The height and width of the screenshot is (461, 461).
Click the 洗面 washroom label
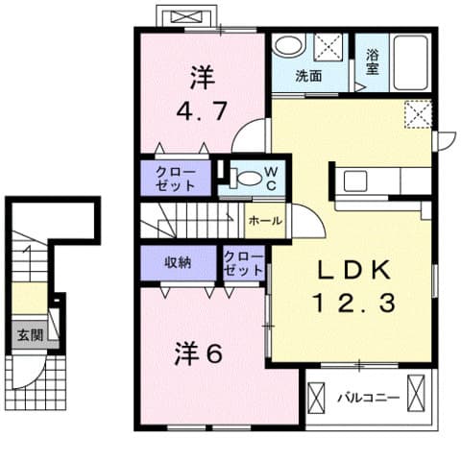click(x=307, y=76)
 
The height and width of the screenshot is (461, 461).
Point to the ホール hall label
click(x=265, y=220)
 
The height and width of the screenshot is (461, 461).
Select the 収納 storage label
click(x=177, y=262)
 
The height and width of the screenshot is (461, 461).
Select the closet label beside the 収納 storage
click(x=243, y=264)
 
